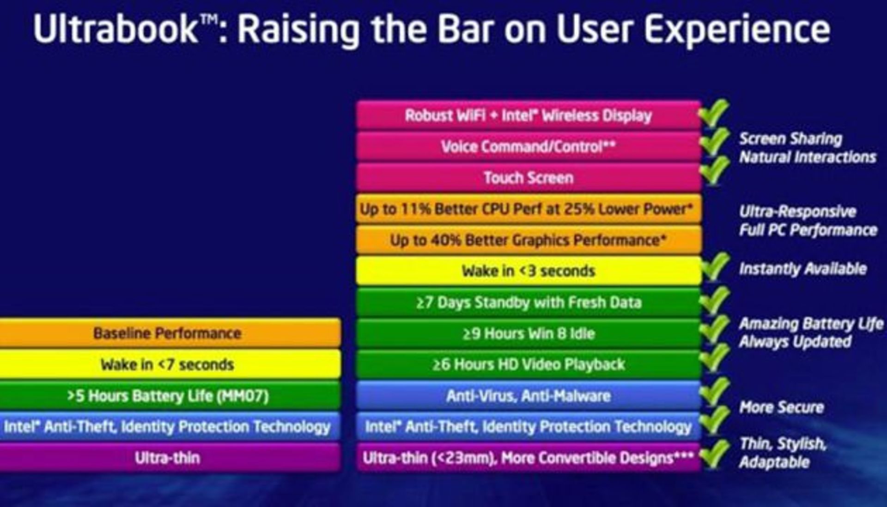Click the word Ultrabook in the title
click(x=115, y=29)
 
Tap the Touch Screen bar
click(x=529, y=178)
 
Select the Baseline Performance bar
click(x=170, y=333)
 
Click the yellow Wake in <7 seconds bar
click(x=170, y=365)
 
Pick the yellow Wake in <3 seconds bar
click(x=529, y=271)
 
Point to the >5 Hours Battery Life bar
click(x=170, y=396)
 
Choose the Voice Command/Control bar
click(x=529, y=147)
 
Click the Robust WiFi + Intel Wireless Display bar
click(x=529, y=115)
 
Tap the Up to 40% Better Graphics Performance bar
click(x=529, y=240)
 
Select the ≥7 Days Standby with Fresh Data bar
click(x=529, y=302)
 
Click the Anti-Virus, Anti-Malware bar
click(x=529, y=396)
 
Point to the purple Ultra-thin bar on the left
click(x=170, y=458)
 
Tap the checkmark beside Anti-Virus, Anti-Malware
click(x=715, y=392)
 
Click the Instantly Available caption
click(x=803, y=269)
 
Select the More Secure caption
click(x=782, y=407)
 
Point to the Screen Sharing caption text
click(x=791, y=139)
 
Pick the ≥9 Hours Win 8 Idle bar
click(x=529, y=333)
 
